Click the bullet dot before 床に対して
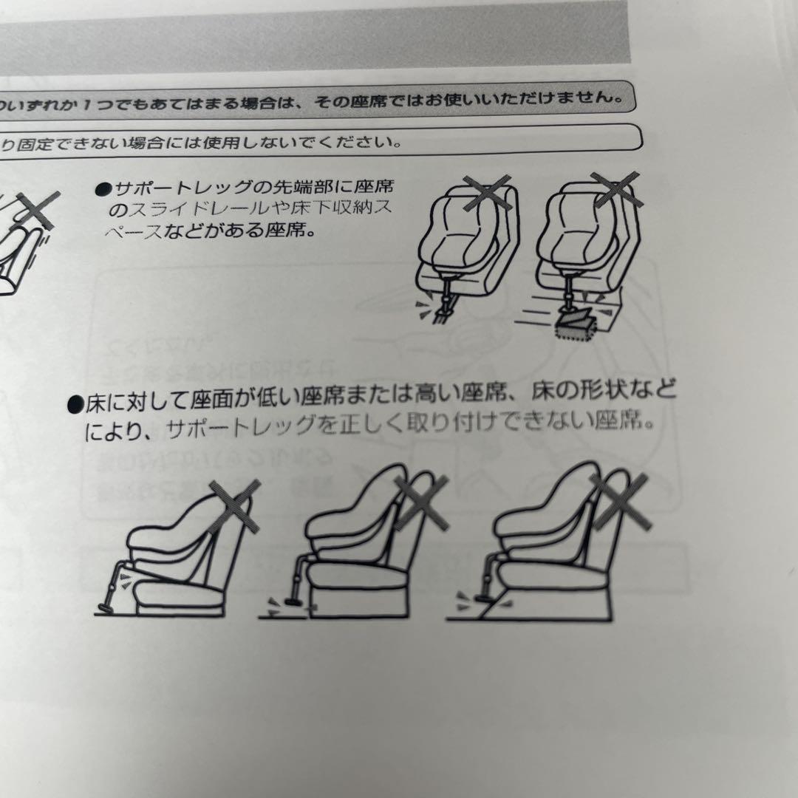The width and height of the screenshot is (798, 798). [x=75, y=404]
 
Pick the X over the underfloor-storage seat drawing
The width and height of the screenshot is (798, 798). [x=616, y=189]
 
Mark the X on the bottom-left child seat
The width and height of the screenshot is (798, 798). [x=235, y=505]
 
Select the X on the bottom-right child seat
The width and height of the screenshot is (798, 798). [x=619, y=501]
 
